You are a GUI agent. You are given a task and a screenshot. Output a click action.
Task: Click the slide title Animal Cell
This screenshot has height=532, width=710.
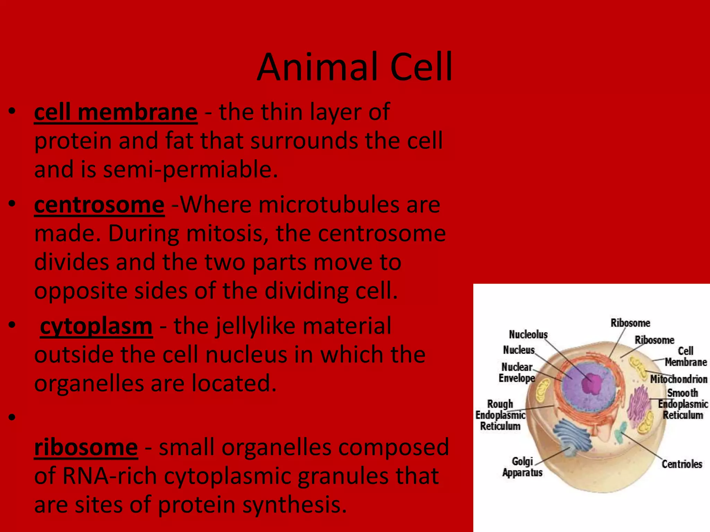point(354,67)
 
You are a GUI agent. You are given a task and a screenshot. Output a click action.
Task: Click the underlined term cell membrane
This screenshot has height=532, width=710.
point(116,113)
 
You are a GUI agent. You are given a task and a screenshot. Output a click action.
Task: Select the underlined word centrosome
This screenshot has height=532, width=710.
point(99,205)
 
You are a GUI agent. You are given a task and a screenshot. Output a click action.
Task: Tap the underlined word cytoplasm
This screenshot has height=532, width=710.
point(96,327)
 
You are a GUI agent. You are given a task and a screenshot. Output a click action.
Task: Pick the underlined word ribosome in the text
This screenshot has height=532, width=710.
point(86,447)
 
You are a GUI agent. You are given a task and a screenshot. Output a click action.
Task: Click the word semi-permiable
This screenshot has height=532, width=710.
point(190,170)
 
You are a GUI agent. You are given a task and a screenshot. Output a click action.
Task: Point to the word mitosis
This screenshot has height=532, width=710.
point(227,234)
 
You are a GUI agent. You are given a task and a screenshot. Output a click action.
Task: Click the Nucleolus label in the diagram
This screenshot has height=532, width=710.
point(528,334)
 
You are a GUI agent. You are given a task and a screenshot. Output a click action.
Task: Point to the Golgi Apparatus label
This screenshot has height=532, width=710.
point(522,467)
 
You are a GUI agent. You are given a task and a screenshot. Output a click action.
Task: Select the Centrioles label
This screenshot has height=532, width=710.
point(682,464)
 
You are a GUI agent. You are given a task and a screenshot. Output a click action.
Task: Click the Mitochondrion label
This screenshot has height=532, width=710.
point(678,379)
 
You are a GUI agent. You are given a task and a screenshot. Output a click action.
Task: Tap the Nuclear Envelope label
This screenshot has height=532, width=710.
point(517,372)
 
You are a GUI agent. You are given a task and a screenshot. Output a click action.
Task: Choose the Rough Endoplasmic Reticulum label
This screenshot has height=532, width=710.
point(500,415)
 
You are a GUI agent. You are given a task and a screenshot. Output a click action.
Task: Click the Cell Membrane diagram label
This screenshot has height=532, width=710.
point(685,356)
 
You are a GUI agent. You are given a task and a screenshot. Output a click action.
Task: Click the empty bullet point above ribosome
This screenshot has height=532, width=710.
point(12,417)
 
